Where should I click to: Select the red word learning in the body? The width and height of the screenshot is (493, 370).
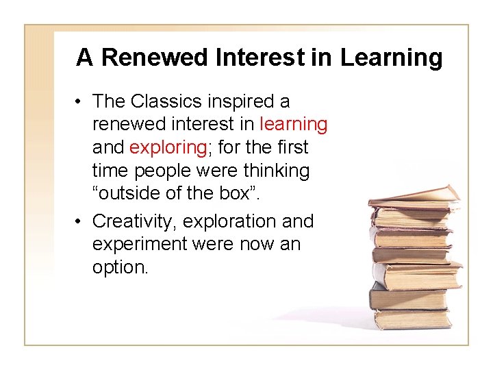tap(294, 125)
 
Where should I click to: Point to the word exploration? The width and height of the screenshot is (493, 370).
tap(230, 221)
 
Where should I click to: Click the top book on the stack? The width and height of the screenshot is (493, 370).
tap(414, 196)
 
